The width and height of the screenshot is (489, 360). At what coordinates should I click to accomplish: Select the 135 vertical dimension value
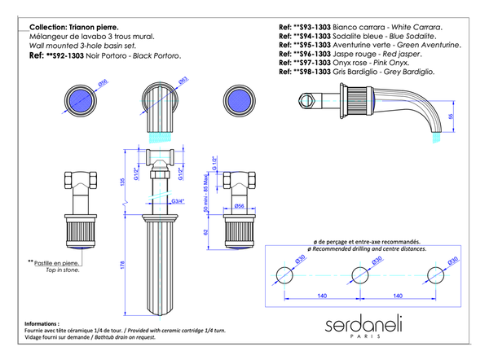123,182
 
